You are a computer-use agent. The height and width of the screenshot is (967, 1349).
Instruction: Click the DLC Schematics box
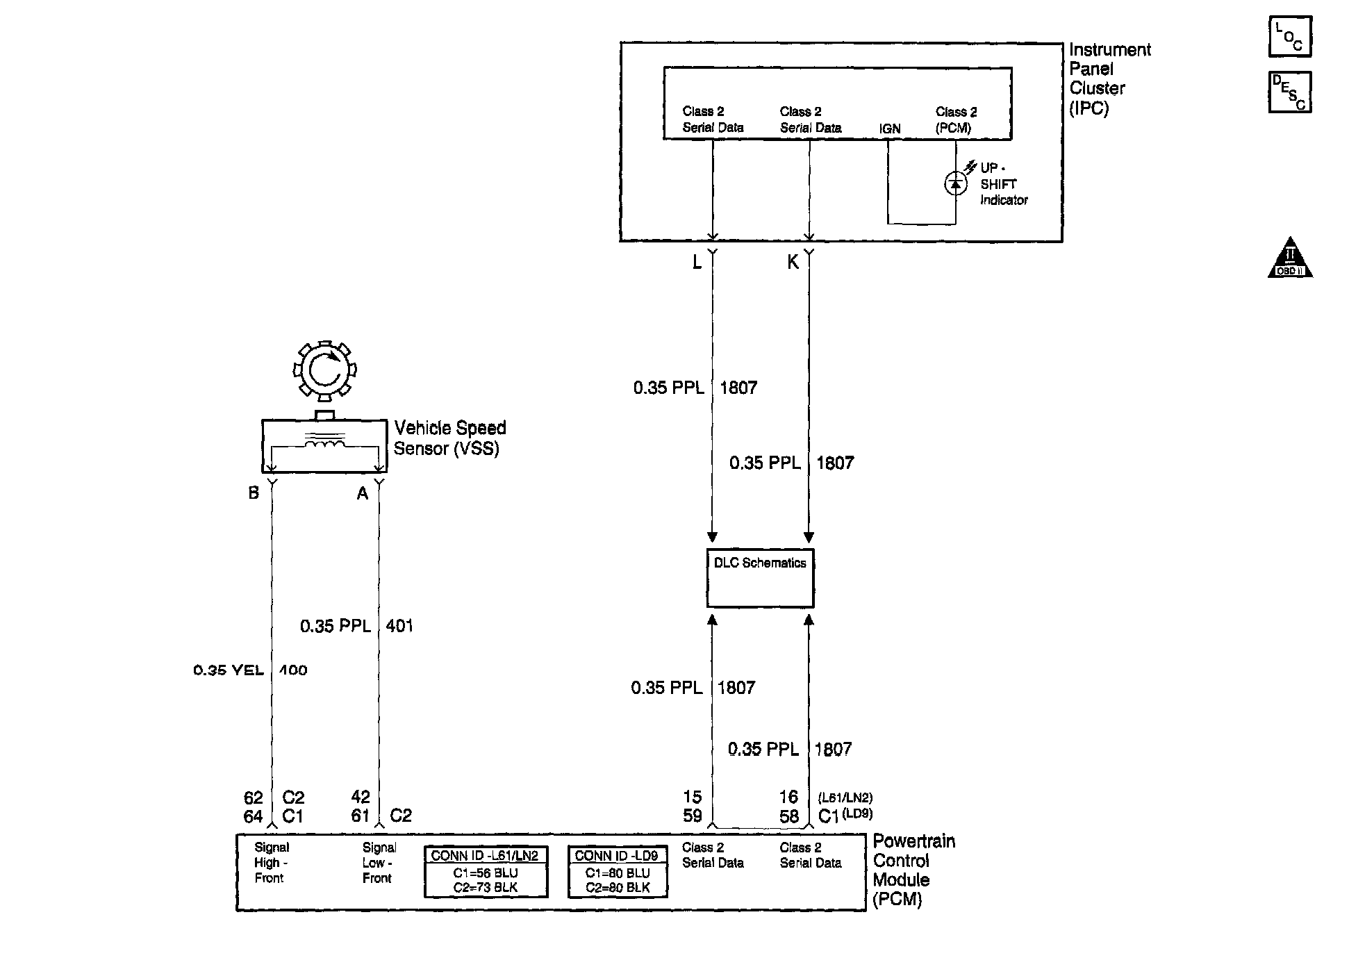(x=760, y=578)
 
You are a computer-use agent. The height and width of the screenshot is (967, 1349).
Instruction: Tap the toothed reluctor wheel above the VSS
(x=324, y=370)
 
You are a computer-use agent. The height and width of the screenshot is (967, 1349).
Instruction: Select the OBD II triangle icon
(x=1290, y=258)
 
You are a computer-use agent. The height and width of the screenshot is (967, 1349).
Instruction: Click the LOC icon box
(x=1289, y=37)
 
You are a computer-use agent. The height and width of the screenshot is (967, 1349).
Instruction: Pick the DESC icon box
(x=1289, y=92)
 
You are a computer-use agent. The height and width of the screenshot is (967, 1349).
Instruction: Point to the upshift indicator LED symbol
(x=956, y=183)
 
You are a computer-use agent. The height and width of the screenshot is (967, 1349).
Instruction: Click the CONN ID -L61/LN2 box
(x=486, y=871)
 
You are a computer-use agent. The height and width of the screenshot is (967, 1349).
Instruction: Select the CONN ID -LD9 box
(x=618, y=871)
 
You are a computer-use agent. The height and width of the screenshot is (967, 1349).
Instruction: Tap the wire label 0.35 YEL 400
(x=250, y=670)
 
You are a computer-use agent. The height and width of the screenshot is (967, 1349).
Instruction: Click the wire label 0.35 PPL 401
(x=356, y=626)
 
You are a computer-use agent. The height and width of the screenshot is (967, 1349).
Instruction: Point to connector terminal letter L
(x=697, y=262)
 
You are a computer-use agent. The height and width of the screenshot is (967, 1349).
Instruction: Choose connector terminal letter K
(x=793, y=262)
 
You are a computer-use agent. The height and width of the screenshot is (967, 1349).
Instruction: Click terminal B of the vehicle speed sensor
(x=254, y=493)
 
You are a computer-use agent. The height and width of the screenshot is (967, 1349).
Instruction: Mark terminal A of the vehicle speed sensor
(x=362, y=493)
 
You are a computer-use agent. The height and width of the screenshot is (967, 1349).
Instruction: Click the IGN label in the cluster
(x=890, y=129)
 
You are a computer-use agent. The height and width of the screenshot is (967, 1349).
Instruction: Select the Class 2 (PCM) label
(x=956, y=119)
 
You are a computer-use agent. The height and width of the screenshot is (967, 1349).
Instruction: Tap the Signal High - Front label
(x=271, y=862)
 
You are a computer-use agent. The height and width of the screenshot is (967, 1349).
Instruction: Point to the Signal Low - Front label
(x=379, y=862)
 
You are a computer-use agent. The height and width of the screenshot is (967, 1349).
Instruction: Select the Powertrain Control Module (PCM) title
(x=913, y=870)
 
